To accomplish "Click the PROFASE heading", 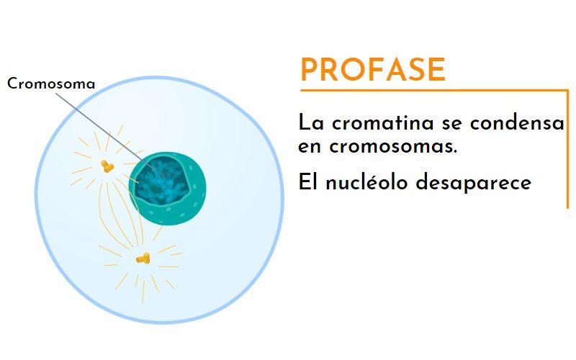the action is (x=373, y=69).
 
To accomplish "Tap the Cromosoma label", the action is (x=51, y=84).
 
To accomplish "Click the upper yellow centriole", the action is (x=107, y=166).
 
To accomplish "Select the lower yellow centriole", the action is (x=143, y=258).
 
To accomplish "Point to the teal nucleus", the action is (x=168, y=188).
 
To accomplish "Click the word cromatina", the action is (x=383, y=123).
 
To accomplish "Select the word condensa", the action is (x=517, y=123).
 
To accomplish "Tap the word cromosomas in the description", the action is (x=393, y=147).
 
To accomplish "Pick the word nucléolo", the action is (x=366, y=182).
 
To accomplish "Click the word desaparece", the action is (x=473, y=183).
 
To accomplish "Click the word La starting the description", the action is (x=311, y=122).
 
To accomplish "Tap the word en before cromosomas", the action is (x=310, y=147).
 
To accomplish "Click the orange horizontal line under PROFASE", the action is (x=434, y=90).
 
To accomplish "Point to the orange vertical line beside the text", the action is (x=567, y=149).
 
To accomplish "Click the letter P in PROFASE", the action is (x=310, y=69).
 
